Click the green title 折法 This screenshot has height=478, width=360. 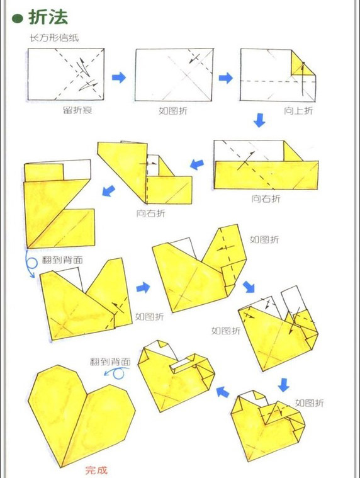pos(48,16)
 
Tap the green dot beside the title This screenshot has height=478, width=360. pos(18,19)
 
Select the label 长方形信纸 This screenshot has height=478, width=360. pos(54,38)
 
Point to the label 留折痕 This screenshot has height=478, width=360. pos(77,110)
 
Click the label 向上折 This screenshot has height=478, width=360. pos(298,110)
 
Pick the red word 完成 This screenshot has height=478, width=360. pos(96,470)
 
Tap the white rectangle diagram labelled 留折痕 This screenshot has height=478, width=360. pos(66,74)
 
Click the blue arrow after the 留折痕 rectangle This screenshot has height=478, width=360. pos(119,77)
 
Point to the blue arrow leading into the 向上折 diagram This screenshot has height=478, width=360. pos(226,77)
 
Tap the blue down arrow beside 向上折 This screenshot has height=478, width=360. pos(259,120)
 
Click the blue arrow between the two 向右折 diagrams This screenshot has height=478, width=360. pos(197,164)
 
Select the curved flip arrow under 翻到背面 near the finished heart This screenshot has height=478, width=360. pos(117,373)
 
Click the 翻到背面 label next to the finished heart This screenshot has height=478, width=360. pos(110,362)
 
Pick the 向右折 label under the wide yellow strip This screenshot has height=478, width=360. pos(266,199)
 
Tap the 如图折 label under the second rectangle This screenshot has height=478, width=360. pos(173,110)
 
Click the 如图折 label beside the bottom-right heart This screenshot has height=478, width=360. pos(310,403)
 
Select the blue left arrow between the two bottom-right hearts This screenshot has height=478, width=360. pos(223,392)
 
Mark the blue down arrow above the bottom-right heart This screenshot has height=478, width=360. pos(284,385)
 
